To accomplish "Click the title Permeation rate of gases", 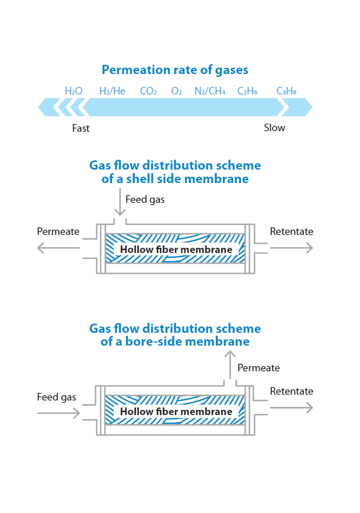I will [174, 70].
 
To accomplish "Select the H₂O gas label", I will [74, 91].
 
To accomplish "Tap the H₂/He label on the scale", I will [112, 91].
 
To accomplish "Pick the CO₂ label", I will [148, 91].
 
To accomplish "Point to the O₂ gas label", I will [177, 91].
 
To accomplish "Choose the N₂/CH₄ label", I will [210, 91].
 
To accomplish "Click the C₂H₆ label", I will [247, 91].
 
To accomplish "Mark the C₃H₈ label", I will [286, 91].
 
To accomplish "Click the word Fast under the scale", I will [81, 128].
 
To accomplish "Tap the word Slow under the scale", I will [274, 128].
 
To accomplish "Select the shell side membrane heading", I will [174, 172].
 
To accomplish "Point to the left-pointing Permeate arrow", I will [58, 248].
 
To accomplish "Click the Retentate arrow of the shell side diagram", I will [291, 248].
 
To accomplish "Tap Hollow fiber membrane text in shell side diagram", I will [176, 250].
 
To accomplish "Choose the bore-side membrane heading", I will [174, 335].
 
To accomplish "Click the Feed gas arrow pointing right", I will [58, 413].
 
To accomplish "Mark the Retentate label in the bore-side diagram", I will [291, 391].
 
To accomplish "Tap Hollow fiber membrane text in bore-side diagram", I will [176, 412].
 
